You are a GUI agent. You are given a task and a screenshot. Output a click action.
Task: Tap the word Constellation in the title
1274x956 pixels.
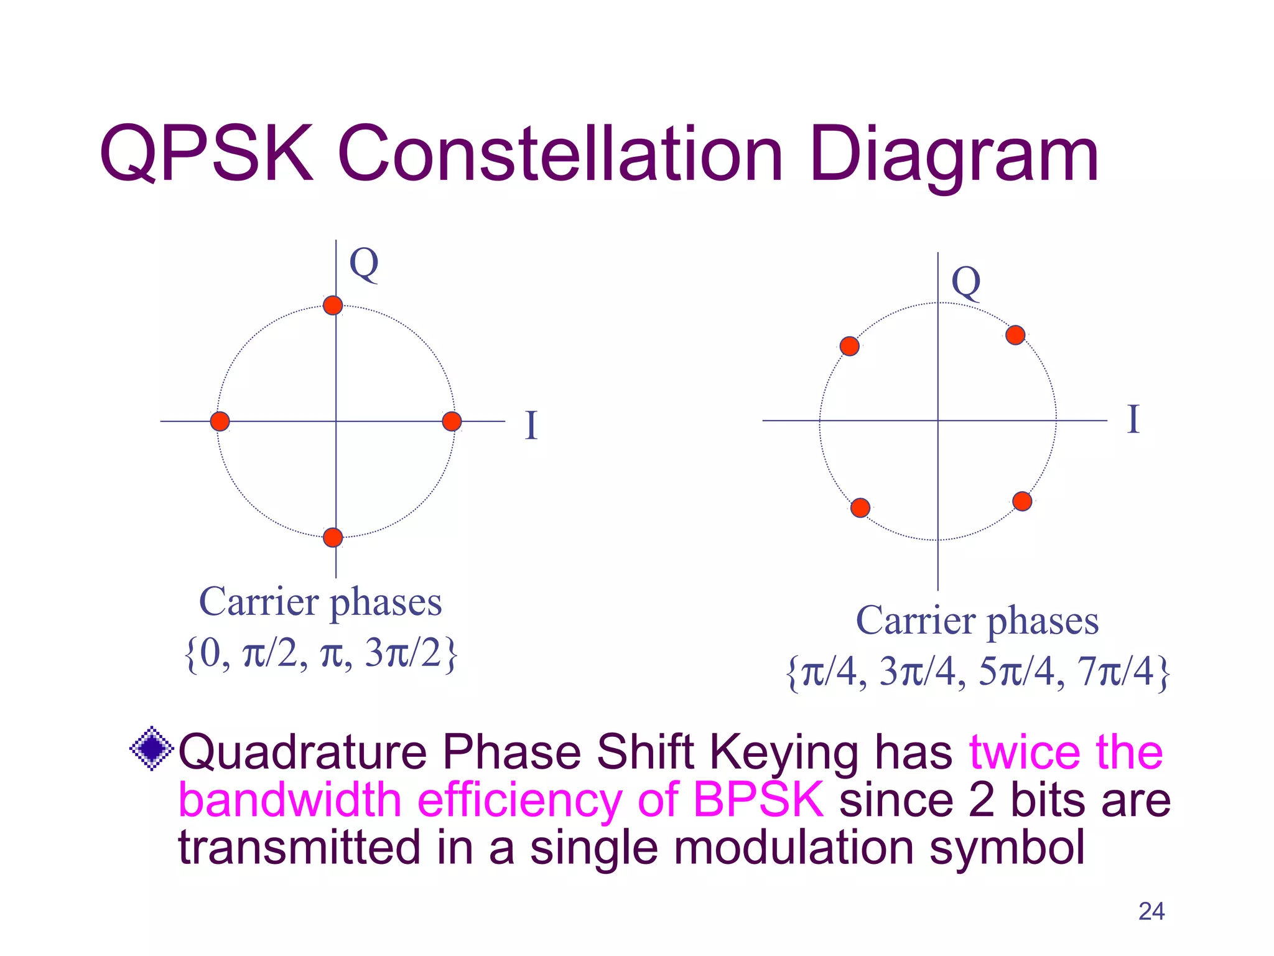tap(560, 154)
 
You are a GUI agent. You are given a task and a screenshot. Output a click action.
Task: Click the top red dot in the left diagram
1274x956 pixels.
tap(333, 306)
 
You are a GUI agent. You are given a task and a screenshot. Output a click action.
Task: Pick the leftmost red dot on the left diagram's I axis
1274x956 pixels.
tap(220, 421)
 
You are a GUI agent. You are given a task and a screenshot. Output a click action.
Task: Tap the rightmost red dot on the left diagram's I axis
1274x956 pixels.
tap(452, 421)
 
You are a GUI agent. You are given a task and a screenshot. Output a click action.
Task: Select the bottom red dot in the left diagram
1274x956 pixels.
tap(333, 537)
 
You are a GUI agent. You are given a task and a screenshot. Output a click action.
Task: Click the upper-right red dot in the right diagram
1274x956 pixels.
tap(1015, 335)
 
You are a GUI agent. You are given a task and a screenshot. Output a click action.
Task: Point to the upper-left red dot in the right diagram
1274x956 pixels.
tap(849, 346)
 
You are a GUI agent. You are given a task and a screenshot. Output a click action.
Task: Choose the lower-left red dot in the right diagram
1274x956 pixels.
tap(860, 507)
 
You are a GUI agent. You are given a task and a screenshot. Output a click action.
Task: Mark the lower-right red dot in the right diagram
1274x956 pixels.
tap(1022, 501)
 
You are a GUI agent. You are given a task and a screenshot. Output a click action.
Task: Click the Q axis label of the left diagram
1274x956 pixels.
tap(364, 264)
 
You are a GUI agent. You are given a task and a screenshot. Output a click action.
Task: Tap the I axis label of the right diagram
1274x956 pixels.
tap(1133, 419)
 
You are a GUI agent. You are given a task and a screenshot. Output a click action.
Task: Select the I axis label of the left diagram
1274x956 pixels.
tap(531, 426)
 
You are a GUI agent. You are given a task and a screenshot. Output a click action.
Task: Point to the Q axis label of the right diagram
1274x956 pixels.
tap(966, 283)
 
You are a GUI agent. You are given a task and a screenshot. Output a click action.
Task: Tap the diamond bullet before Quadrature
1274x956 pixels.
tap(151, 749)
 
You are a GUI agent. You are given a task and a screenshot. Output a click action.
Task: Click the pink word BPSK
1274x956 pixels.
tap(758, 799)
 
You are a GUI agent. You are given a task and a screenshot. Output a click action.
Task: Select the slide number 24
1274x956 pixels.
tap(1151, 912)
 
